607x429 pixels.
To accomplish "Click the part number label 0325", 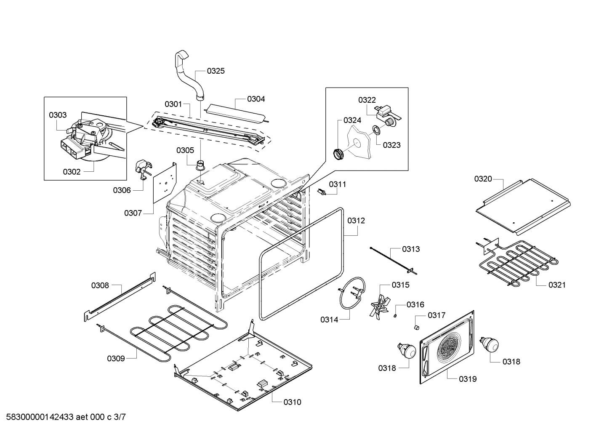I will pos(216,71).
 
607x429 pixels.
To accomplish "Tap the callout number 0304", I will pos(256,99).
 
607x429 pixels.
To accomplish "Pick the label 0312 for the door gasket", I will pos(356,221).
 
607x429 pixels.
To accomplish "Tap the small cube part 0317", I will pos(417,327).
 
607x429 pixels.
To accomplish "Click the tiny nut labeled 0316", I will pos(396,315).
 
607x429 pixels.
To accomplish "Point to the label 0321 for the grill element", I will pos(557,285).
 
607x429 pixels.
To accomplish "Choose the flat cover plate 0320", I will pos(523,205).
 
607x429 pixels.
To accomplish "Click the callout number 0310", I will pos(292,402).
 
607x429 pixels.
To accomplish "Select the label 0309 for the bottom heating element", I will pos(116,359).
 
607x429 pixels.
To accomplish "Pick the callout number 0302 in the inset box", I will pos(72,172).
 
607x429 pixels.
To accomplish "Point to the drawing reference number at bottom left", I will pos(64,417).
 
